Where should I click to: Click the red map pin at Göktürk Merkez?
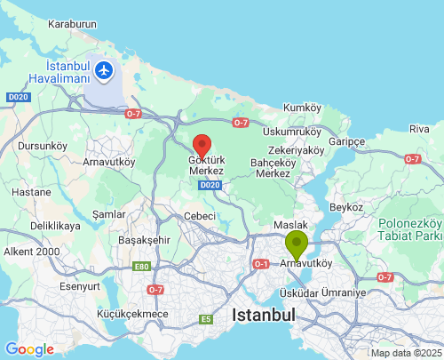pos(202,145)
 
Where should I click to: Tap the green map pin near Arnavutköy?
pos(296,242)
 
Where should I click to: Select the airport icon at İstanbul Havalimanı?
pos(106,69)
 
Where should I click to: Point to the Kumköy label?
pos(301,108)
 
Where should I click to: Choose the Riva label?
pos(419,129)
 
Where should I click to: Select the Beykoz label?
pos(346,206)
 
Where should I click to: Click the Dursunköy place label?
pos(42,146)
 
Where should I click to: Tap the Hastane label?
pos(32,192)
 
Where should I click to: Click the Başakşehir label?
pos(144,240)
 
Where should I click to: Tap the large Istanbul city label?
pos(263,315)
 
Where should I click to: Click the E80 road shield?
pos(141,266)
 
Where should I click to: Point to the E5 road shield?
pos(206,319)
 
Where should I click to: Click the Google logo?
pos(29,349)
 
